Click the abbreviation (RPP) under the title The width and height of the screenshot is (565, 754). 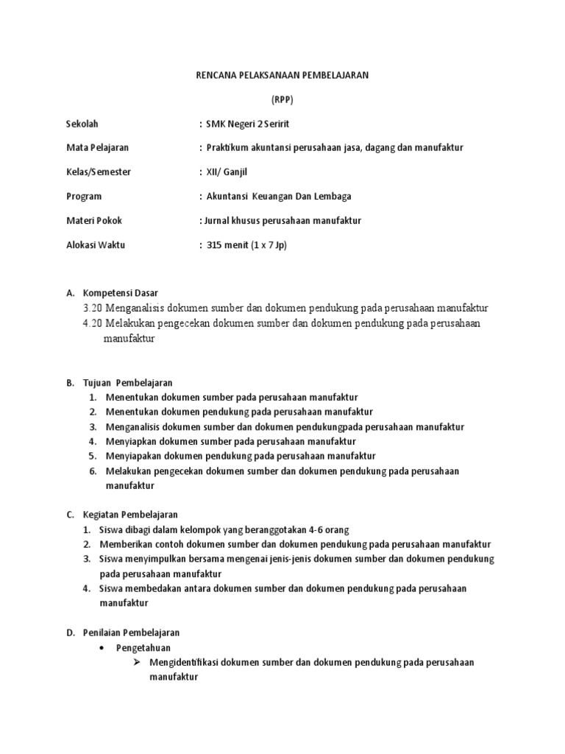coord(282,99)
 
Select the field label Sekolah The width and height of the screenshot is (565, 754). coord(82,123)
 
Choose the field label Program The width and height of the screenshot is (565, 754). coord(84,196)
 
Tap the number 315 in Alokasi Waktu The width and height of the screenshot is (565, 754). coord(216,244)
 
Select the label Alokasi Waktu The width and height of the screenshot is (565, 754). coord(96,244)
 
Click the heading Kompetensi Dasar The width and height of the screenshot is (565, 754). coord(121,292)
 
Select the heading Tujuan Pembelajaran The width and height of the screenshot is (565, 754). coord(128,383)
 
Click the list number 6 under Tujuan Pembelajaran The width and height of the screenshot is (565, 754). coord(93,471)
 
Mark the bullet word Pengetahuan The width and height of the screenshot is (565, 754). coord(143,647)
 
